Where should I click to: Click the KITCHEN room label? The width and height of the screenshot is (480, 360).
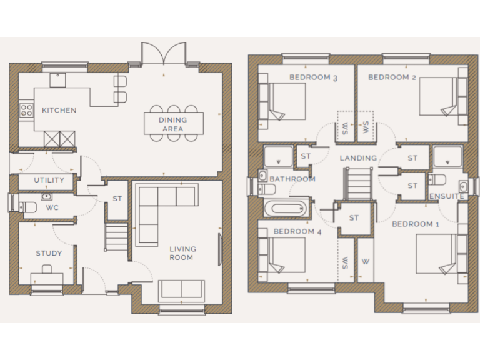[59, 111]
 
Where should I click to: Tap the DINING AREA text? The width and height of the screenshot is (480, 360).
[172, 124]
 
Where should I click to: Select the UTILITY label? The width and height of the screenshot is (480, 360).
[49, 180]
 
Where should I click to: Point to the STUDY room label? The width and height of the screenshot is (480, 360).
[49, 253]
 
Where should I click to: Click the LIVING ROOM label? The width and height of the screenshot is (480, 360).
[181, 253]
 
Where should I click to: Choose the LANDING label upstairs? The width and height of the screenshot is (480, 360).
[358, 158]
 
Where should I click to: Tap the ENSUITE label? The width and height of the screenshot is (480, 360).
[447, 196]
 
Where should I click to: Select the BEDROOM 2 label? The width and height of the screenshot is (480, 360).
[392, 77]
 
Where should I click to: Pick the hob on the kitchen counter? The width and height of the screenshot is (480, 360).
[27, 111]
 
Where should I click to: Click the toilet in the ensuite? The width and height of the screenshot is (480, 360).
[438, 180]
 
